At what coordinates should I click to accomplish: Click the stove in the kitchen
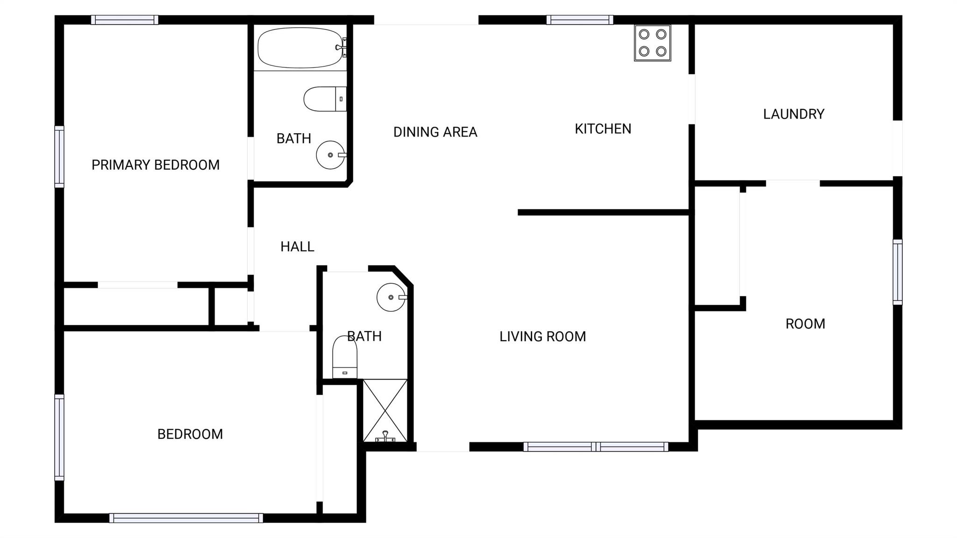click(x=652, y=43)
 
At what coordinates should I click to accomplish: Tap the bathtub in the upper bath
click(x=302, y=47)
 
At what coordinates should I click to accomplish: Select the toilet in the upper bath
click(x=325, y=99)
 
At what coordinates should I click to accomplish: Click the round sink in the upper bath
click(x=331, y=155)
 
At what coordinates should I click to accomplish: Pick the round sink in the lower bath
click(x=392, y=297)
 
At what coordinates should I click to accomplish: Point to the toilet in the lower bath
click(x=345, y=357)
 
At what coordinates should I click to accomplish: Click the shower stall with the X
click(x=385, y=410)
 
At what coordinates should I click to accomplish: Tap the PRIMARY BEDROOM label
click(x=156, y=165)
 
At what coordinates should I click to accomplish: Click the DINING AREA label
click(x=435, y=132)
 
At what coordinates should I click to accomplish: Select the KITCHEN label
click(x=603, y=129)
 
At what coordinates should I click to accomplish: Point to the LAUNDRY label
click(x=793, y=114)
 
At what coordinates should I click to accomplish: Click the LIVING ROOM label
click(x=543, y=337)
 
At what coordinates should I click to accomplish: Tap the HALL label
click(x=297, y=247)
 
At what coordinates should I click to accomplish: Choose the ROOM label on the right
click(x=805, y=324)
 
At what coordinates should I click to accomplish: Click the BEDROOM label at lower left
click(x=190, y=434)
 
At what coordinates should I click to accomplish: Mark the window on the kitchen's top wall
click(x=579, y=20)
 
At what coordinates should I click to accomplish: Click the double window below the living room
click(x=596, y=447)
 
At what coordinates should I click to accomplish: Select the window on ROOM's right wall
click(x=898, y=272)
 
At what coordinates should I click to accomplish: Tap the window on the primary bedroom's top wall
click(x=125, y=20)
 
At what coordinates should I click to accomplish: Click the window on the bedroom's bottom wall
click(x=186, y=518)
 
